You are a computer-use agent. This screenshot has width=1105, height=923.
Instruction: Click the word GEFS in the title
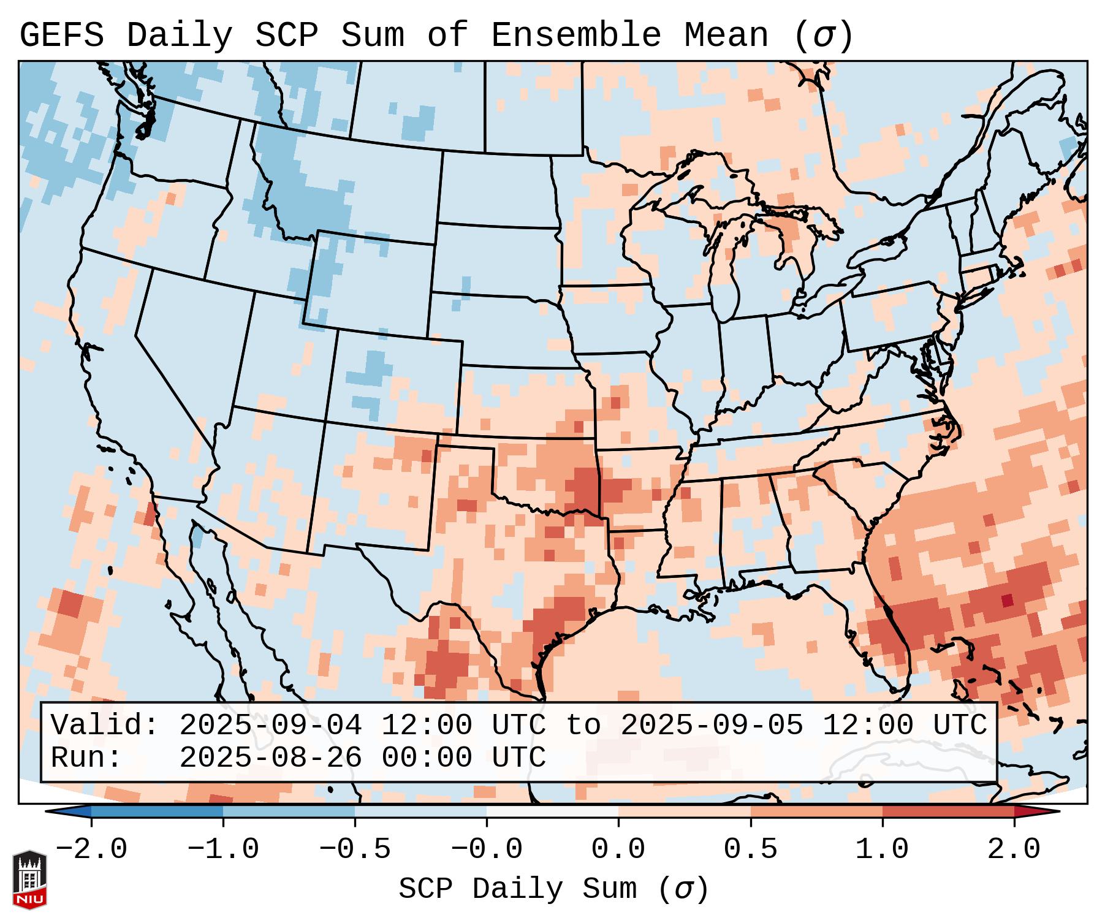click(61, 36)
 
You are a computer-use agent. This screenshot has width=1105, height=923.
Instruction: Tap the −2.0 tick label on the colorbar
click(91, 849)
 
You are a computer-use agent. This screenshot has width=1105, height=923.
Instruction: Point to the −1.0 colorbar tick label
click(223, 849)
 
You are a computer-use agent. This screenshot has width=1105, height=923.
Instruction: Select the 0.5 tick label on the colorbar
click(750, 849)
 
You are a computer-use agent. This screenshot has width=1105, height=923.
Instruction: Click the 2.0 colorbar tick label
click(1014, 849)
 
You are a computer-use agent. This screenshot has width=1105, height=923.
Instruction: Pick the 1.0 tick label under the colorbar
click(882, 849)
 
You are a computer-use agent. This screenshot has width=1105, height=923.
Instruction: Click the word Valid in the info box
click(104, 726)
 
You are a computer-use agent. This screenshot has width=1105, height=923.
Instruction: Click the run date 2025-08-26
click(271, 758)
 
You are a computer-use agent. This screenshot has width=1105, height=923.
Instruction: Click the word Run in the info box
click(86, 758)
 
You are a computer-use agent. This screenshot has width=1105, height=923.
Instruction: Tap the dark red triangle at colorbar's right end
click(1036, 811)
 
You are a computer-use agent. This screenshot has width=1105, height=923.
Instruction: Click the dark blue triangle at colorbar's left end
click(69, 811)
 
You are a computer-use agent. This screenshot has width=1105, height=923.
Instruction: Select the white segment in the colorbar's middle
click(552, 811)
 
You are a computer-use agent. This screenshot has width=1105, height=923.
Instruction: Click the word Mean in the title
click(726, 36)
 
